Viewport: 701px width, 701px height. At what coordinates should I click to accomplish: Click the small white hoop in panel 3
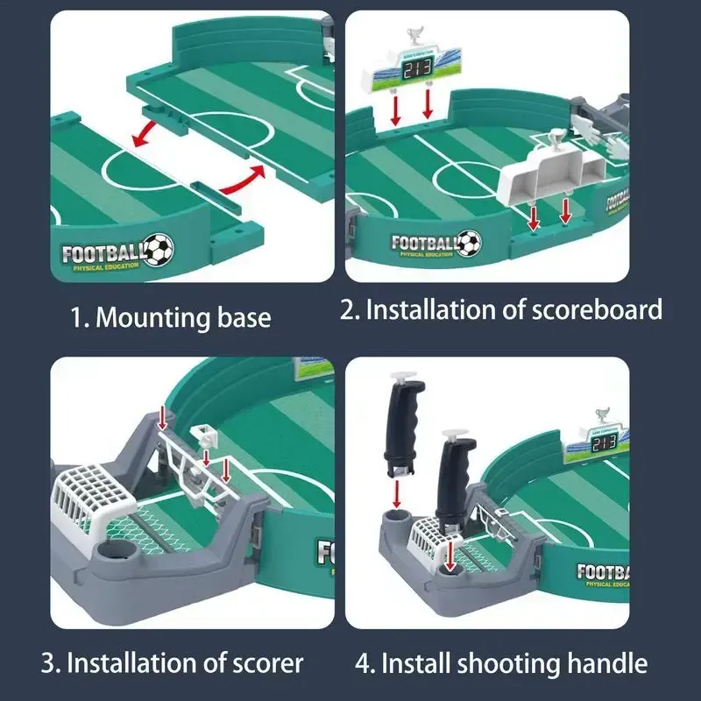click(203, 433)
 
